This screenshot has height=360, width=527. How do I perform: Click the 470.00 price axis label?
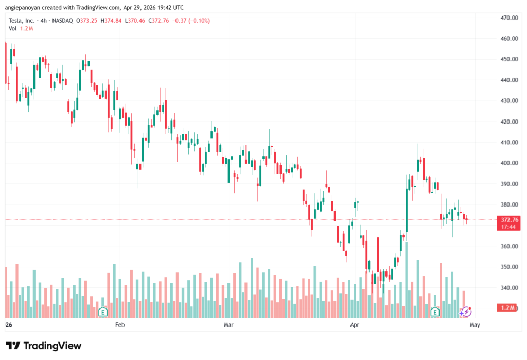[508, 18]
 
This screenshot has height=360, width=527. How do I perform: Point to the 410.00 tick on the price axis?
[508, 142]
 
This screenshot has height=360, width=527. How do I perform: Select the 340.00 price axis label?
[508, 288]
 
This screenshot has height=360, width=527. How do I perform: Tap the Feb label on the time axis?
[120, 325]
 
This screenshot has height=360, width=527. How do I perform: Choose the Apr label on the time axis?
[354, 325]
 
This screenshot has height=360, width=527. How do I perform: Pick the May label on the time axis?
[475, 325]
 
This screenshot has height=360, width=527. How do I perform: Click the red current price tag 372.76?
[508, 220]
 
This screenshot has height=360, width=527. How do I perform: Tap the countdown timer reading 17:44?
[508, 227]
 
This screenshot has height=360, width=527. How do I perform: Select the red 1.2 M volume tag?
[508, 307]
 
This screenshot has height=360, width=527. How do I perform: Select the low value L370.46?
[136, 21]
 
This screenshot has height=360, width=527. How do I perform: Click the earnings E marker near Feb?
[103, 312]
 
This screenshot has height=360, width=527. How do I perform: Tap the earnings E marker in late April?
[435, 312]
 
